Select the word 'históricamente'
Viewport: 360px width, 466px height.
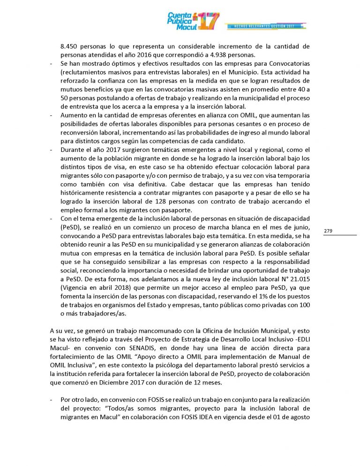point(82,193)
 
